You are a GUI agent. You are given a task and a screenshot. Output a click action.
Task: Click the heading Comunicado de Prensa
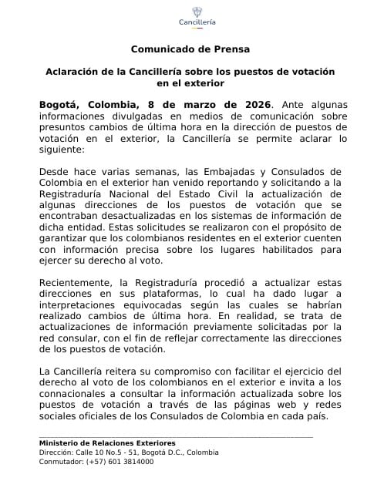190,49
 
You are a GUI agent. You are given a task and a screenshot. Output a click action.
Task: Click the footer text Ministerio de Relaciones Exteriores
106,442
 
